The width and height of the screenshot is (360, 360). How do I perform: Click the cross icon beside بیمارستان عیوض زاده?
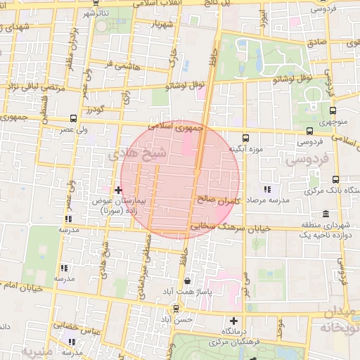coord(118,190)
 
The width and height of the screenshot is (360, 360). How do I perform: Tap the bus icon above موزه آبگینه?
coord(245,138)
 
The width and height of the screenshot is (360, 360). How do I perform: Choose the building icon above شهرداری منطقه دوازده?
coord(324,214)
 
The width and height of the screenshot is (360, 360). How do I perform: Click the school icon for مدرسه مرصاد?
coord(267,189)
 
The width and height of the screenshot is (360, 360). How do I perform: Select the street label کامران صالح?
coord(220,201)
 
